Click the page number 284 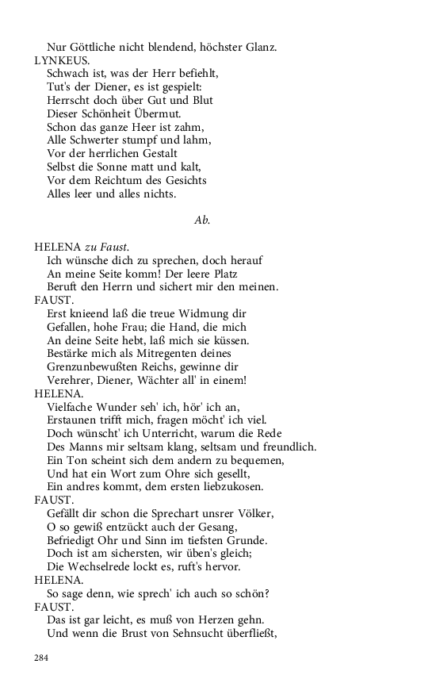(41, 657)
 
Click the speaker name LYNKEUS (61, 60)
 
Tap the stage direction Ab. (202, 221)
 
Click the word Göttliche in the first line (98, 48)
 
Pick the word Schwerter (101, 140)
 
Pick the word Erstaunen (76, 420)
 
